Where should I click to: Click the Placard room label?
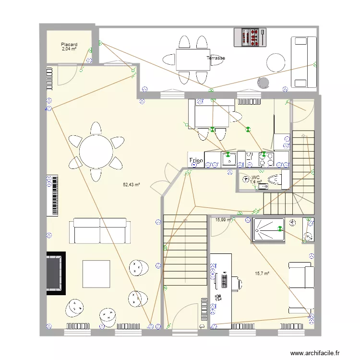69,45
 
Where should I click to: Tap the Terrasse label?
216,58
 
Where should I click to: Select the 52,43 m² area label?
132,184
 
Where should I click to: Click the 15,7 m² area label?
262,273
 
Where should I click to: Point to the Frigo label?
196,160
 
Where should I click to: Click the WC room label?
255,178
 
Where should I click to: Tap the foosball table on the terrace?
250,37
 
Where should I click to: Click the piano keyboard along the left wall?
53,195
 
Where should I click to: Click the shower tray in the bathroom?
269,229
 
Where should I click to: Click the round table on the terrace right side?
276,62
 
